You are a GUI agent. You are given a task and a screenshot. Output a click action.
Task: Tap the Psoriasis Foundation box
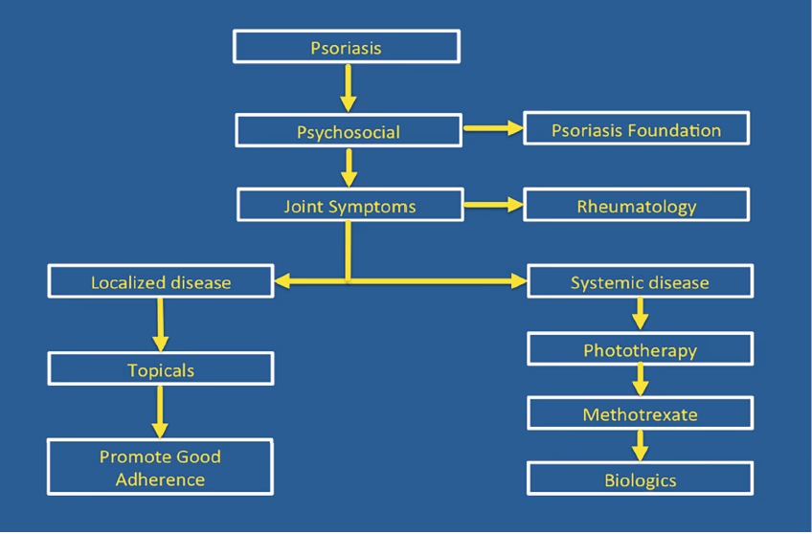(636, 128)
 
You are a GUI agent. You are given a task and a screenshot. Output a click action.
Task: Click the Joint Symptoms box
(350, 205)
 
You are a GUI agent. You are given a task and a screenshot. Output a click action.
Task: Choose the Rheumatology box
(636, 205)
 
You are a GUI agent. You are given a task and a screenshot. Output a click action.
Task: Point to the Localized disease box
(161, 282)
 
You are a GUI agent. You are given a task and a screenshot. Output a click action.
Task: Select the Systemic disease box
(640, 282)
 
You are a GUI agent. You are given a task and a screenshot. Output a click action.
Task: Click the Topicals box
(161, 368)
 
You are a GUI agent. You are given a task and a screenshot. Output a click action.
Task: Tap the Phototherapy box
(640, 349)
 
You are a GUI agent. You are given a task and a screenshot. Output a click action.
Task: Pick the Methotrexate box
(640, 414)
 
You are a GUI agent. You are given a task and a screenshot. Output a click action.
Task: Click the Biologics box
(640, 478)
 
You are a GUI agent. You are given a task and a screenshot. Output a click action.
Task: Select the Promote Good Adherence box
(161, 467)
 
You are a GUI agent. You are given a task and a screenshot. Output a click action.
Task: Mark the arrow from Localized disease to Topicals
(160, 324)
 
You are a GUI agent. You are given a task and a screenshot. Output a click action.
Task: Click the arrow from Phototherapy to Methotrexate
(640, 382)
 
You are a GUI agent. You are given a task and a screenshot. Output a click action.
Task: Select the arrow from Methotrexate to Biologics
(640, 446)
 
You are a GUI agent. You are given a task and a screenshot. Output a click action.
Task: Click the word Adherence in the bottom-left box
(160, 478)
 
